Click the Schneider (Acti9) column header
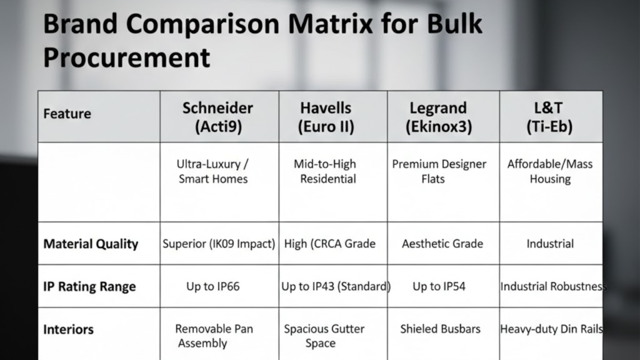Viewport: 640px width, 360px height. (x=219, y=117)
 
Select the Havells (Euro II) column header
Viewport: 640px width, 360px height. (x=326, y=117)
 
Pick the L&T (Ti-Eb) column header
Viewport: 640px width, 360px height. (x=550, y=117)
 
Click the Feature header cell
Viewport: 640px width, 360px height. (x=67, y=114)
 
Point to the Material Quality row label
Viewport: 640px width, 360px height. (x=91, y=244)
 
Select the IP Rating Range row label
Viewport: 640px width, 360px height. (x=89, y=287)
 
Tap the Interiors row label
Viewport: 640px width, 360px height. (x=69, y=329)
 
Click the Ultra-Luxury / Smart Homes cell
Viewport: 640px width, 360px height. (x=213, y=171)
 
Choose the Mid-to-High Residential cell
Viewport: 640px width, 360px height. (x=326, y=171)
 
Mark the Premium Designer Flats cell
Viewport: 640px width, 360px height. (x=439, y=171)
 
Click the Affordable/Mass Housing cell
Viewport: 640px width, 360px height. (x=550, y=171)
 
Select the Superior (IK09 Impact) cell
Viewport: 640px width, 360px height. (x=219, y=244)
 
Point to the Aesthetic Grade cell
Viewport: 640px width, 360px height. (x=442, y=244)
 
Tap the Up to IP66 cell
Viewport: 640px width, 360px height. (x=213, y=287)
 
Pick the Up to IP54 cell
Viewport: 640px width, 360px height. (x=439, y=287)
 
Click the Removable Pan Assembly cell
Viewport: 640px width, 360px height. (x=213, y=336)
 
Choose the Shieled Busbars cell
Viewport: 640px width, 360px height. (x=441, y=329)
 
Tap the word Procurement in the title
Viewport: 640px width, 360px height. (x=126, y=58)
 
